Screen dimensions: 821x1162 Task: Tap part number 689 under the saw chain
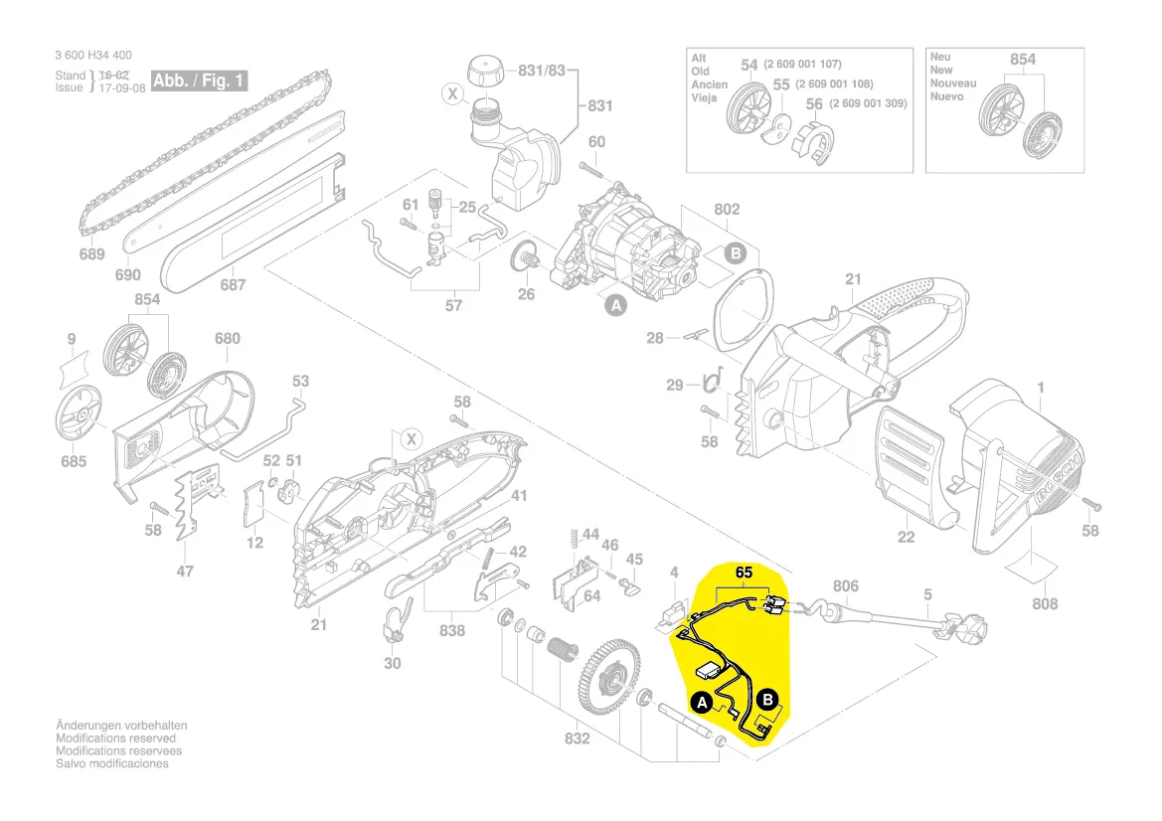[91, 254]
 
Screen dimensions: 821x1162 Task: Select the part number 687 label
[233, 285]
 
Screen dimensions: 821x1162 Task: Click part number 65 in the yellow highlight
[744, 573]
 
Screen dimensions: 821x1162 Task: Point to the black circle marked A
[702, 703]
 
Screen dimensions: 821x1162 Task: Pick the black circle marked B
[767, 700]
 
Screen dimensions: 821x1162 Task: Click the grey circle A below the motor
[615, 306]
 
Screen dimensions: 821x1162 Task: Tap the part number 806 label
[845, 586]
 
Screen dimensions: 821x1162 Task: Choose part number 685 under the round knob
[74, 461]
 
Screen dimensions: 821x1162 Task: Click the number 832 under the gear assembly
[577, 739]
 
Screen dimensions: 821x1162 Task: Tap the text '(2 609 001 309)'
[868, 103]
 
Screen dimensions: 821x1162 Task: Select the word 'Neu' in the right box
[940, 58]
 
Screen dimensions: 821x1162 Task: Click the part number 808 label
[1045, 603]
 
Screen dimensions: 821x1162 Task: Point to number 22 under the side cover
[906, 537]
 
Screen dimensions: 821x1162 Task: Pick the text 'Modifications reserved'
[115, 739]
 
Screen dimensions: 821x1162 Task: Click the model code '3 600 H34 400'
[93, 56]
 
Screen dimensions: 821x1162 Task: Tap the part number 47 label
[185, 571]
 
